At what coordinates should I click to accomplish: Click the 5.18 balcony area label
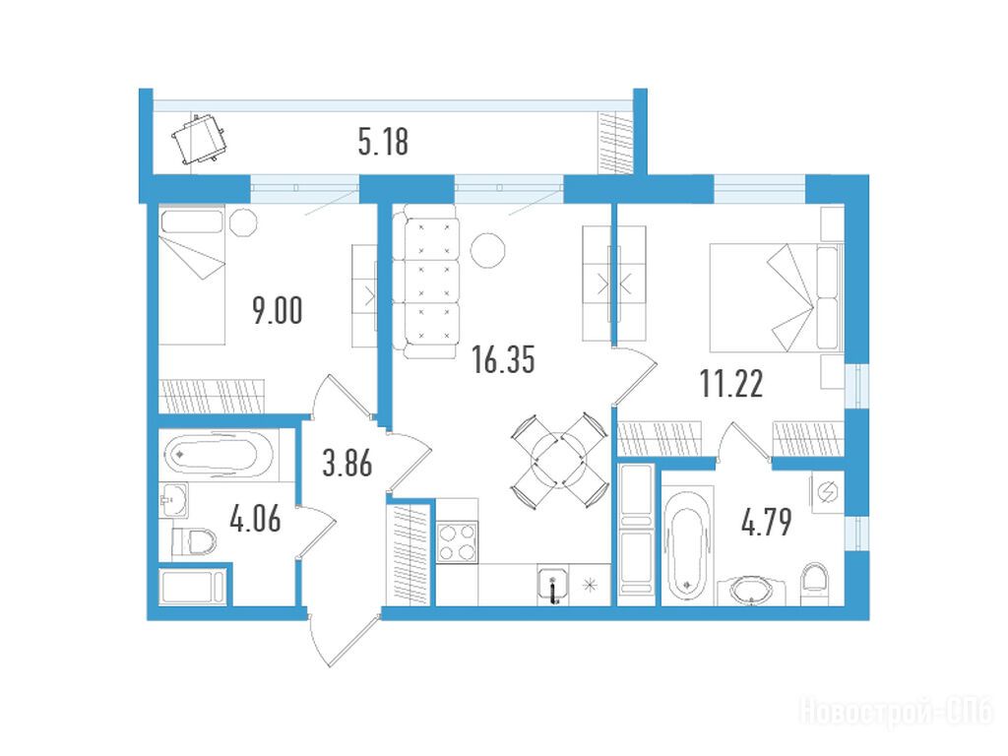[383, 142]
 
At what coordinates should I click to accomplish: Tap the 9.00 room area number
[277, 310]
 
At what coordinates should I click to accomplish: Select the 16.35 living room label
[503, 359]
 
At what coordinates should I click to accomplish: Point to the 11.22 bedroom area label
[731, 384]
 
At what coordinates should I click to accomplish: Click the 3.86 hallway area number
[347, 463]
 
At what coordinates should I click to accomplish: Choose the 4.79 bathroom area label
[766, 522]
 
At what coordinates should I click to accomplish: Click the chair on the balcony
[199, 138]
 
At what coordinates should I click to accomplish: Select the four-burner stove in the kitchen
[457, 542]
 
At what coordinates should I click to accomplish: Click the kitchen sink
[553, 585]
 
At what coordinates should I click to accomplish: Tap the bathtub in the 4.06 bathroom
[220, 455]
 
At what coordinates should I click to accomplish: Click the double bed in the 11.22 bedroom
[776, 297]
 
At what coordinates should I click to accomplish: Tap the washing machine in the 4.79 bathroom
[827, 492]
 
